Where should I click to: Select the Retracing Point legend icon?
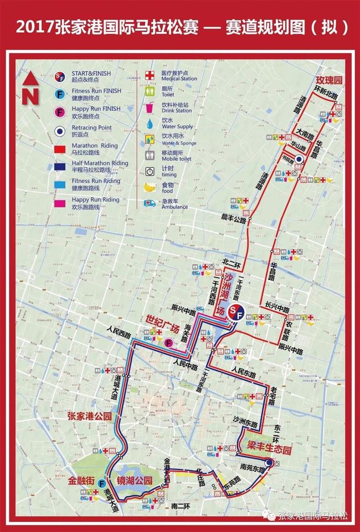[x=61, y=131]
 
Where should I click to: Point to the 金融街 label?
[x=81, y=482]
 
